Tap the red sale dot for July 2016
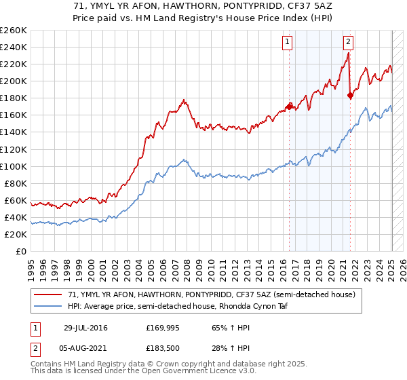(x=289, y=106)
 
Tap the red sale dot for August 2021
(x=350, y=95)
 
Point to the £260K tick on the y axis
(x=14, y=31)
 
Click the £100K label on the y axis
(x=14, y=166)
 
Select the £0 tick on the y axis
(x=21, y=251)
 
